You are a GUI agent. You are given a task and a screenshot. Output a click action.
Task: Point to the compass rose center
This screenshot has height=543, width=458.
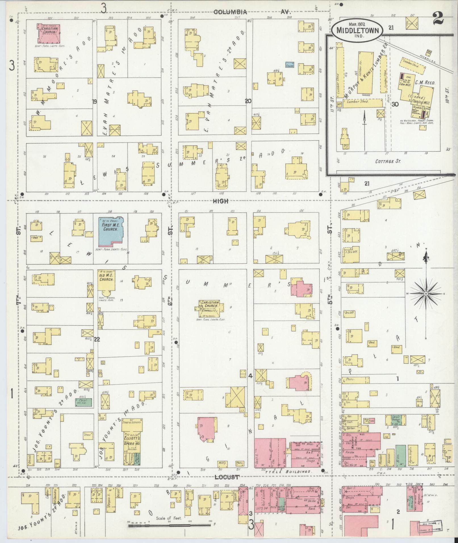[x=426, y=293]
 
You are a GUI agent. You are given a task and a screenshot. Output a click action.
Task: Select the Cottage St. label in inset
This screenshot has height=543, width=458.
[x=388, y=161]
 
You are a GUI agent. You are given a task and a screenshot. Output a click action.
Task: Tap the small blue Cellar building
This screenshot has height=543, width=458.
[x=289, y=65]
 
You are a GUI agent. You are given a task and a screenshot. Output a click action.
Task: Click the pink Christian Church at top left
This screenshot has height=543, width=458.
[x=48, y=34]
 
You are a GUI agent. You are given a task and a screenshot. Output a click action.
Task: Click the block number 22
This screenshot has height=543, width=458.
[x=97, y=339]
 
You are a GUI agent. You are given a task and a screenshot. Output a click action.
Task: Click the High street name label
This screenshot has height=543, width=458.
[x=221, y=201]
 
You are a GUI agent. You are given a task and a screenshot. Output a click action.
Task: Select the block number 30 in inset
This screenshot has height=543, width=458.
[x=395, y=104]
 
